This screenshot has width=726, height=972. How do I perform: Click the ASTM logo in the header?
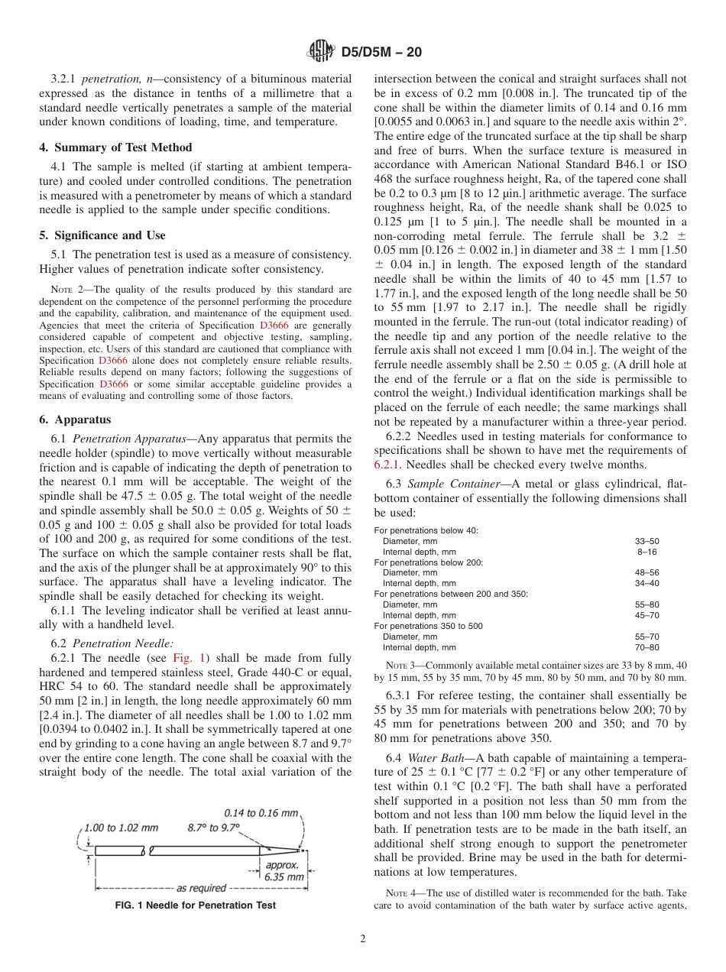click(x=319, y=52)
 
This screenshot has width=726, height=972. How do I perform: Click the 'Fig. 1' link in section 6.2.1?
click(x=187, y=658)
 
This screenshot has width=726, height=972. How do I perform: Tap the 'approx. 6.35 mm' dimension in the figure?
click(x=284, y=871)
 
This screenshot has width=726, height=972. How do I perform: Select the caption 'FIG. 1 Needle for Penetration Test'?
click(x=195, y=906)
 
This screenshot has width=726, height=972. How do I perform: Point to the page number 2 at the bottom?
click(x=363, y=939)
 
